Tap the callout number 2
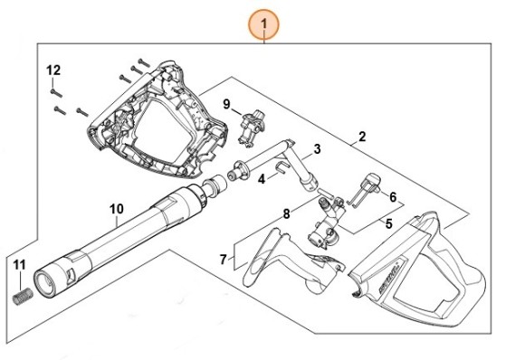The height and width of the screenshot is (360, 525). point(361,137)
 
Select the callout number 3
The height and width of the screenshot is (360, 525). point(317,149)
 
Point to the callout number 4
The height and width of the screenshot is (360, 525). point(262,179)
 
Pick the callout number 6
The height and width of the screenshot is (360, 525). point(393,196)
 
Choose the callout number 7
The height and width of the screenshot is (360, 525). point(224,260)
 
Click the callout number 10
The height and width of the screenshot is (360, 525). point(116,209)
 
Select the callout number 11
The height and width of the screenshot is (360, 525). point(19,264)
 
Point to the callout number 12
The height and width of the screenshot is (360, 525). point(53,70)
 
